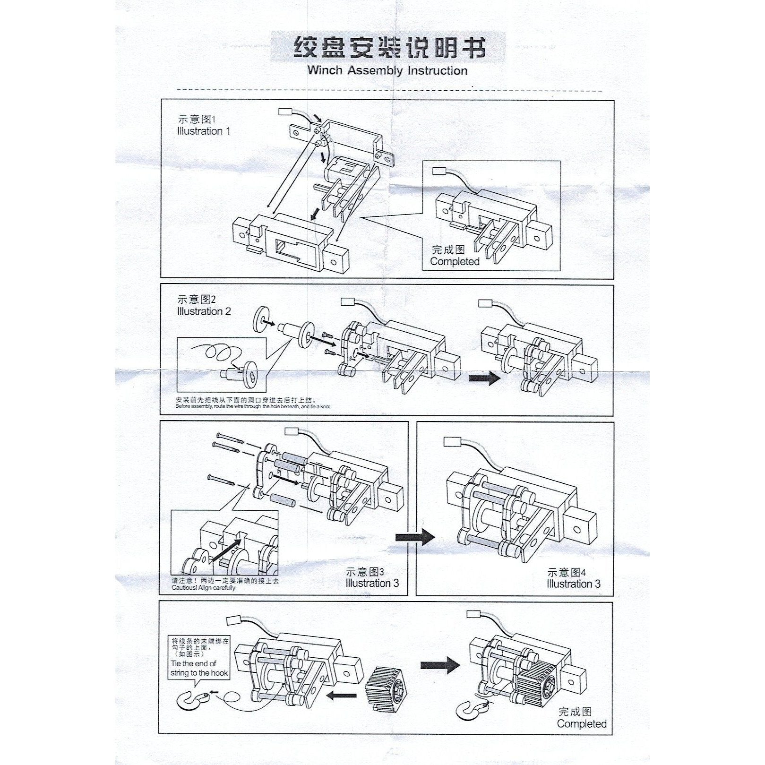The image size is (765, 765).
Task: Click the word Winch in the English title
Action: (325, 71)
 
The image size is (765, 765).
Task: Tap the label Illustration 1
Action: (204, 131)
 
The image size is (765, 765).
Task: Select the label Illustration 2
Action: (204, 312)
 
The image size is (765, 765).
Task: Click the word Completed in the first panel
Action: (454, 262)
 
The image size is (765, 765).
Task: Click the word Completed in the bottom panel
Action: (581, 724)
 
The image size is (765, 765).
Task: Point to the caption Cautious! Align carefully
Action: (203, 588)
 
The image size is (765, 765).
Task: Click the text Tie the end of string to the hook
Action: (199, 668)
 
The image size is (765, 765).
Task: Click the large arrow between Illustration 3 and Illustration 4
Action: (415, 537)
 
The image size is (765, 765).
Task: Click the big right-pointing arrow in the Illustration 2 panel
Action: (485, 378)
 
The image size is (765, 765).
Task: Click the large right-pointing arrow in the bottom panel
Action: (439, 665)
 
